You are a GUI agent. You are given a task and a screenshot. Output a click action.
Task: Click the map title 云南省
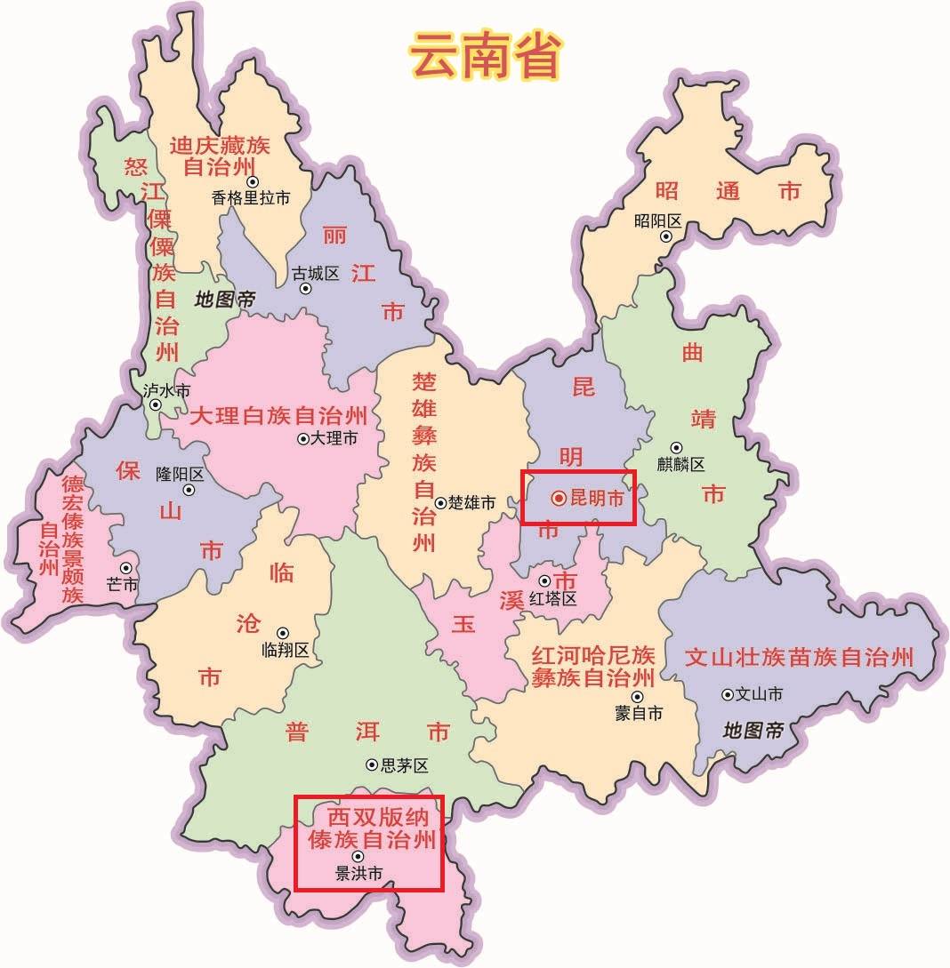486,56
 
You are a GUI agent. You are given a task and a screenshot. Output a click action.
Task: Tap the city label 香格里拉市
251,198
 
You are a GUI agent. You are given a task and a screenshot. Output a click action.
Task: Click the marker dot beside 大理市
303,438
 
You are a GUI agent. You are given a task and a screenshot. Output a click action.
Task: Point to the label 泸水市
166,390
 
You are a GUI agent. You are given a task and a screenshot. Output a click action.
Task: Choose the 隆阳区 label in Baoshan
180,474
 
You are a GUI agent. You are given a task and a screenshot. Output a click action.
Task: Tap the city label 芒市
122,585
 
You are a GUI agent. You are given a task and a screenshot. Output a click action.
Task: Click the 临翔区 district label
286,650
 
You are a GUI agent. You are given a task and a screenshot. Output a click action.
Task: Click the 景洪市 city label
358,875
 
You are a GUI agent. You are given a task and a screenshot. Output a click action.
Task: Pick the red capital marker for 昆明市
558,500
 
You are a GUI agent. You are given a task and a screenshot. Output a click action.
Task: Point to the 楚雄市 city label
471,503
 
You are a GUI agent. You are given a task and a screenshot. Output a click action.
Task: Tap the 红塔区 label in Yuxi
552,599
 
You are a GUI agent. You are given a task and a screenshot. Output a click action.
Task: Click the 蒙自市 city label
639,713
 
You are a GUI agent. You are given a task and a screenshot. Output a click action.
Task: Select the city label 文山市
759,694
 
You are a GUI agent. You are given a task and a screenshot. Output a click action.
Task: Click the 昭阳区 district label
657,221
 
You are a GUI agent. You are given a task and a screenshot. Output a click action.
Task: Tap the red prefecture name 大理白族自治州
278,415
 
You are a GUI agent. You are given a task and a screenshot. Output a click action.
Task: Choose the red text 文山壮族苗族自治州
799,658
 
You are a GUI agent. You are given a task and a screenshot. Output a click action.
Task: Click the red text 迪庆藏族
220,145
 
